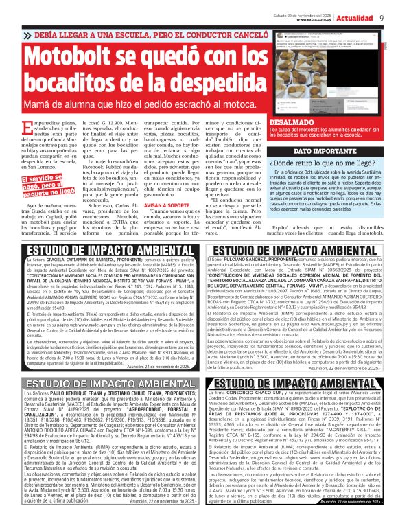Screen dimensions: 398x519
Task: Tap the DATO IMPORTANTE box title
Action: [323, 150]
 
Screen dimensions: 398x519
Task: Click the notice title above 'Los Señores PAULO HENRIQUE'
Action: [102, 382]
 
